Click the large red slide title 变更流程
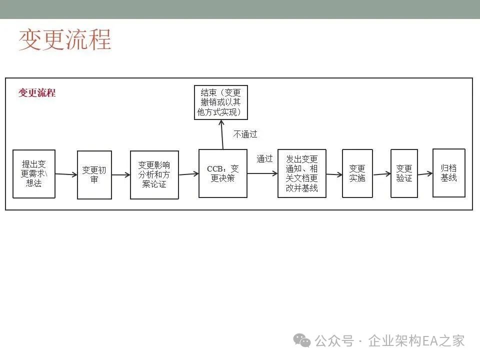coord(65,39)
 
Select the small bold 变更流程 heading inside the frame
coord(37,93)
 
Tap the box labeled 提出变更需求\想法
coord(34,173)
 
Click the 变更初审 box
coord(94,174)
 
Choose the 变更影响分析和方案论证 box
coord(154,174)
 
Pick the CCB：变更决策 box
coord(222,173)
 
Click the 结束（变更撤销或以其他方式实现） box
coord(220,102)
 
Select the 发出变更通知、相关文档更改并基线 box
coord(301,173)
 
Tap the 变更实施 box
coord(357,173)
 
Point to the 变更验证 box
coord(404,173)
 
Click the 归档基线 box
coord(448,172)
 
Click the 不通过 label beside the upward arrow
coord(245,134)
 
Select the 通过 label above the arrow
coord(264,159)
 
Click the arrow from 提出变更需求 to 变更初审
coord(66,174)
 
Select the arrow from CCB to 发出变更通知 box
coord(262,173)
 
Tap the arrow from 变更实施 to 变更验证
coord(381,174)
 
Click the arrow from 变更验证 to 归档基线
coord(425,173)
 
